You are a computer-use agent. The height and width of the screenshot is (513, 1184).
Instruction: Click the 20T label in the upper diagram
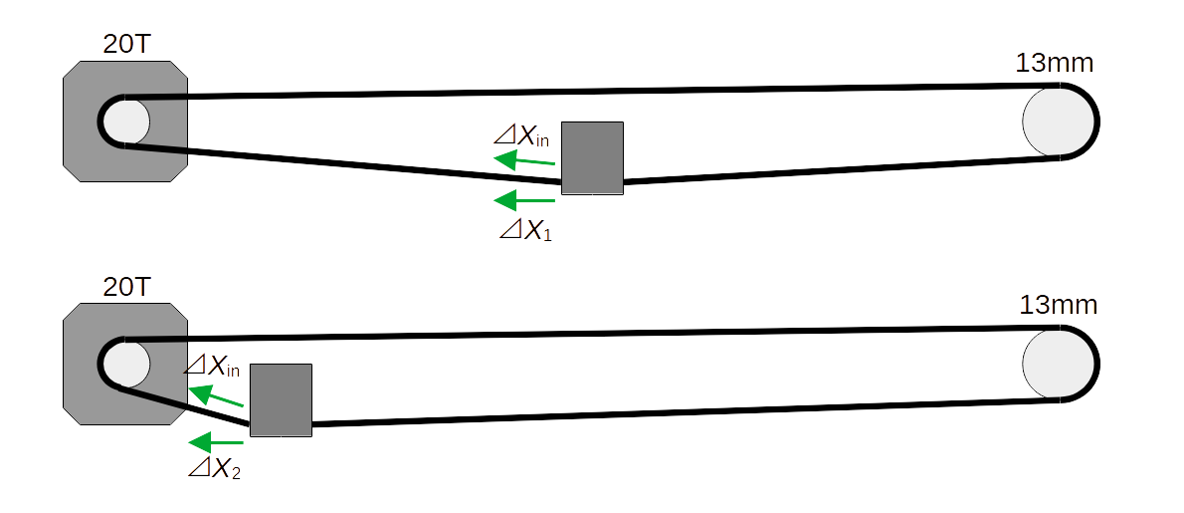click(126, 44)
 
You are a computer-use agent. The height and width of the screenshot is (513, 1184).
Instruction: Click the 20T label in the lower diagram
click(126, 288)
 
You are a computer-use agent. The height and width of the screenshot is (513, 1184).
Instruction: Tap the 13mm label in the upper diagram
click(1054, 63)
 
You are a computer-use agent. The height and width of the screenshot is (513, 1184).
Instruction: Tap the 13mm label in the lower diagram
click(1058, 305)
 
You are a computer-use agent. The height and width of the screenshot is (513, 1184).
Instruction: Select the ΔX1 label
click(524, 231)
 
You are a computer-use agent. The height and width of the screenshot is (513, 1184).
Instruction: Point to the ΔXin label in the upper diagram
click(521, 136)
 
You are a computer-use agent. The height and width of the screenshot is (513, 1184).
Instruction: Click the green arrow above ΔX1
click(523, 200)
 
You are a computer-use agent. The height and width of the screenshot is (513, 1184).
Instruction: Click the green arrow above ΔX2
click(215, 441)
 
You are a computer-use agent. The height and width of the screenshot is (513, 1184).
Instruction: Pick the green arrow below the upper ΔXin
click(523, 160)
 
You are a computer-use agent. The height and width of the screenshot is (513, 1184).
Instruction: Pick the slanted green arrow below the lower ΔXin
click(216, 397)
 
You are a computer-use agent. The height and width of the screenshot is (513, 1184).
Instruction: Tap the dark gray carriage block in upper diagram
click(592, 157)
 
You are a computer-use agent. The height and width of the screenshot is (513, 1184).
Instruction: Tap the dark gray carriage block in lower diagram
click(281, 399)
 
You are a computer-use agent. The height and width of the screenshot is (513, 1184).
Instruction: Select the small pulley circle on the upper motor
click(126, 121)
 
